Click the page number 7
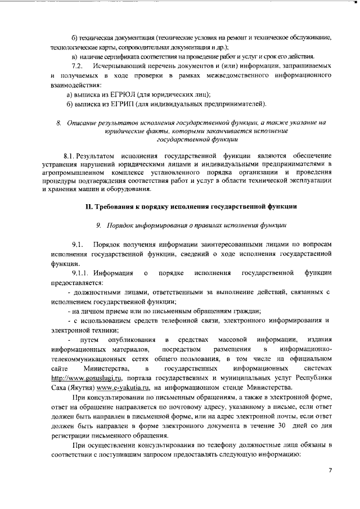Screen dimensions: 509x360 tap(331, 469)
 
